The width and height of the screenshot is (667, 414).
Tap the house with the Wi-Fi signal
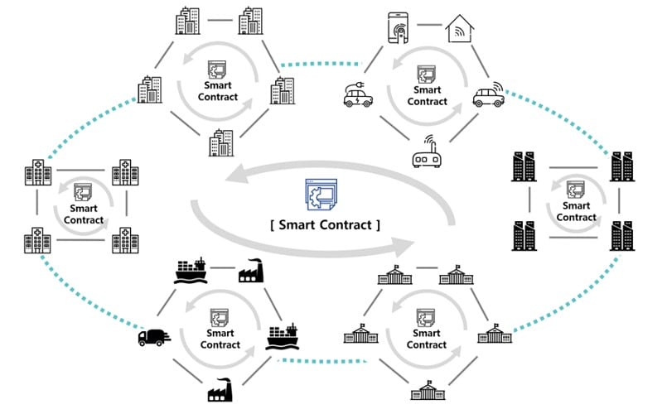[461, 30]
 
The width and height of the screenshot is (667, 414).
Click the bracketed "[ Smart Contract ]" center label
[325, 224]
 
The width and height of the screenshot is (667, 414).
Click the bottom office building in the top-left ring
[221, 142]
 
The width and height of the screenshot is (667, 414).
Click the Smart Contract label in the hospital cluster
[84, 214]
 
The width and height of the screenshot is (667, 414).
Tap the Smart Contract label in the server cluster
[576, 211]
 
